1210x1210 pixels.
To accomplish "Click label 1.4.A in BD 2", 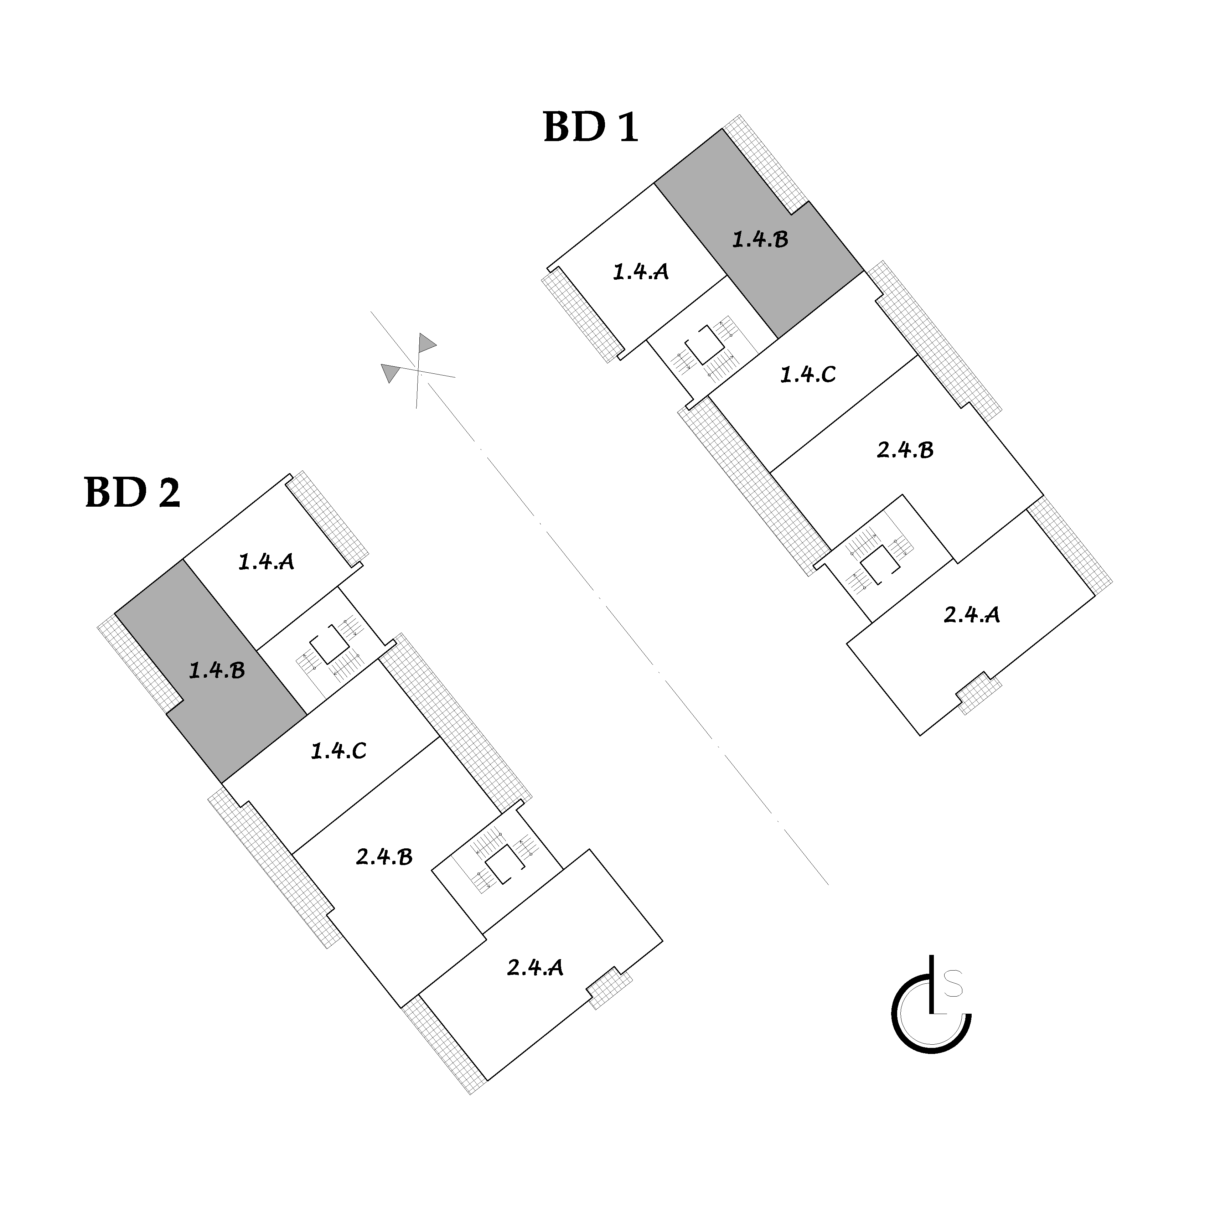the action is coord(266,561).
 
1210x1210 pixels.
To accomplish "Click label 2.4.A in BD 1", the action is coord(971,614).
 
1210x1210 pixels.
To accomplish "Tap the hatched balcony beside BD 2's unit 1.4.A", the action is coord(327,517).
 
